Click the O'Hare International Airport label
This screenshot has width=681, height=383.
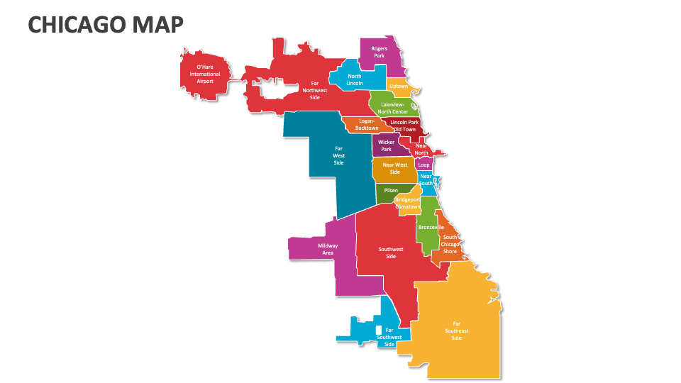click(204, 74)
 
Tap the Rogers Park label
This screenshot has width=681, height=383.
click(380, 52)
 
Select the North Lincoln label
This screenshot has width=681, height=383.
click(355, 80)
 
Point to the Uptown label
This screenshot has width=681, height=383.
click(399, 87)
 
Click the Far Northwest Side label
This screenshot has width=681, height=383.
click(315, 90)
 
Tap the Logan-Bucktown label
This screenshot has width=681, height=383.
click(367, 125)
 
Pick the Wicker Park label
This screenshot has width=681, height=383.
click(386, 145)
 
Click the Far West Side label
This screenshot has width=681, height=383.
click(339, 156)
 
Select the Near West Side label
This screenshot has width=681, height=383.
click(394, 168)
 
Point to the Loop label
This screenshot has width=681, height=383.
click(423, 165)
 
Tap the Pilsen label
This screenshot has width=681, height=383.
click(391, 190)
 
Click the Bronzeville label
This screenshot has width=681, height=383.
click(431, 227)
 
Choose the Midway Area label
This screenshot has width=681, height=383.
click(328, 249)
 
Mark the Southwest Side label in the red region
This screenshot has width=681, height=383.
click(391, 252)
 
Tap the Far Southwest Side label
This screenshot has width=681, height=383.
click(389, 336)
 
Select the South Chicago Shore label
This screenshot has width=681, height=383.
click(450, 244)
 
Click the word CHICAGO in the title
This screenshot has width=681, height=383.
click(75, 25)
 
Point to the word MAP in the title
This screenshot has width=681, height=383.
click(157, 25)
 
